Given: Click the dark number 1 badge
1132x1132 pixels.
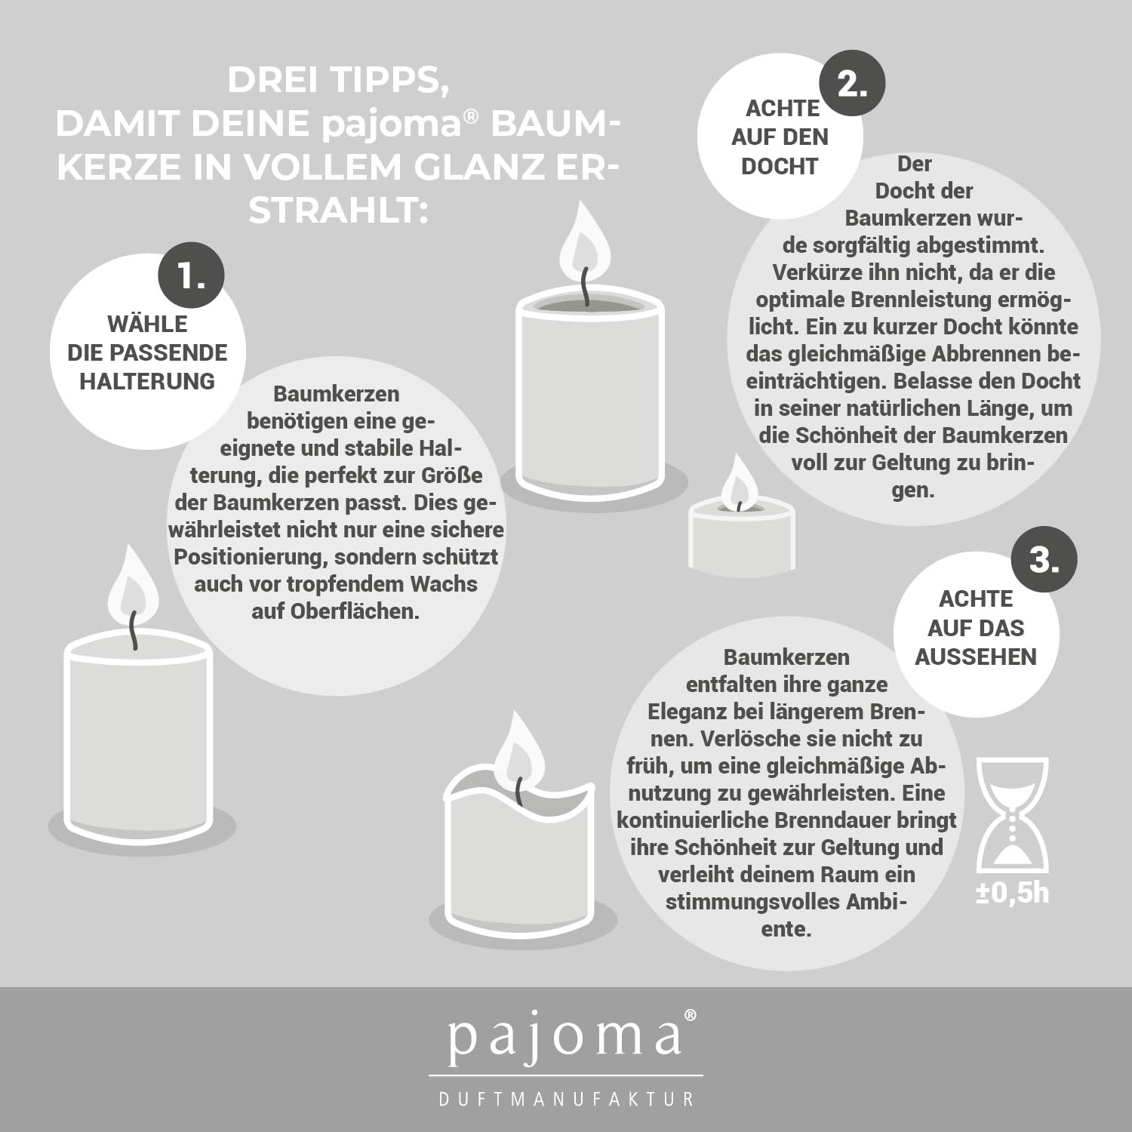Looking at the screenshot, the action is pos(192,275).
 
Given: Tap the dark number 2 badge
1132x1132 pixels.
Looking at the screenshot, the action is pos(852,82).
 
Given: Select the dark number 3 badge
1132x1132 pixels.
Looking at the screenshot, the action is pos(1044,559).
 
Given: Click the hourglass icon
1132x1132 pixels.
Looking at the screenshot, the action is pos(1012,815).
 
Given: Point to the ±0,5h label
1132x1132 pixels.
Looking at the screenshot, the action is pos(1012,893).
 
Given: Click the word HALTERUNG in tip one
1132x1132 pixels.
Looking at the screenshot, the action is pos(147,381).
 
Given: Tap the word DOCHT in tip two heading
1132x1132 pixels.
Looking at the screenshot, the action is pos(780,166).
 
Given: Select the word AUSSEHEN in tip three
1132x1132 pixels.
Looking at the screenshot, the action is pos(976,657).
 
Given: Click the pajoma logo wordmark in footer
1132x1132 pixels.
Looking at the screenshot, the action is pos(564,1038).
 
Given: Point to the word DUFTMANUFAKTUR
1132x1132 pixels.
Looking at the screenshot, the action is pos(566,1099).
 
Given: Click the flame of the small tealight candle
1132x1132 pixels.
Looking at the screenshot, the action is pos(740,484).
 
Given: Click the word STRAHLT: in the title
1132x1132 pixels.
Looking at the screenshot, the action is pos(338,211).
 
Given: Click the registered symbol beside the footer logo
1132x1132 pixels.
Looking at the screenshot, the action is pos(690,1016).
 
